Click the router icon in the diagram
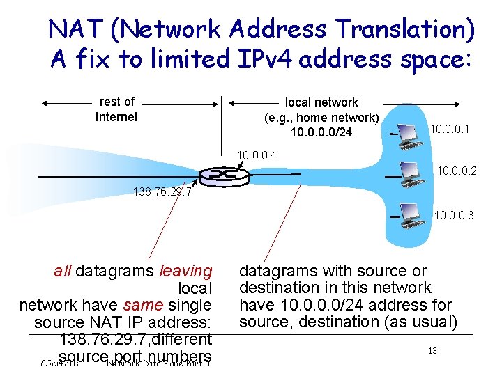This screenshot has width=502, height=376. pos(219,174)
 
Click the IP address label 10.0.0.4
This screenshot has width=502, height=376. pos(257,154)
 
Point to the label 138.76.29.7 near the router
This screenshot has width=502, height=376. pos(161,191)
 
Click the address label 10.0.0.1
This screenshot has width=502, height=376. pos(450,129)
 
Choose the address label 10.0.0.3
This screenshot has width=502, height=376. pos(454,216)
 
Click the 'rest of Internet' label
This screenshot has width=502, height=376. pos(116,109)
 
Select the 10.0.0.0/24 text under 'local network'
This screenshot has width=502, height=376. pos(321,132)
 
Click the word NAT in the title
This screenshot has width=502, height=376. pos(75,29)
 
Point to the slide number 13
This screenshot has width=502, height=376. pos(432,350)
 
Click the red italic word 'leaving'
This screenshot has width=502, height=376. pos(185,271)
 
